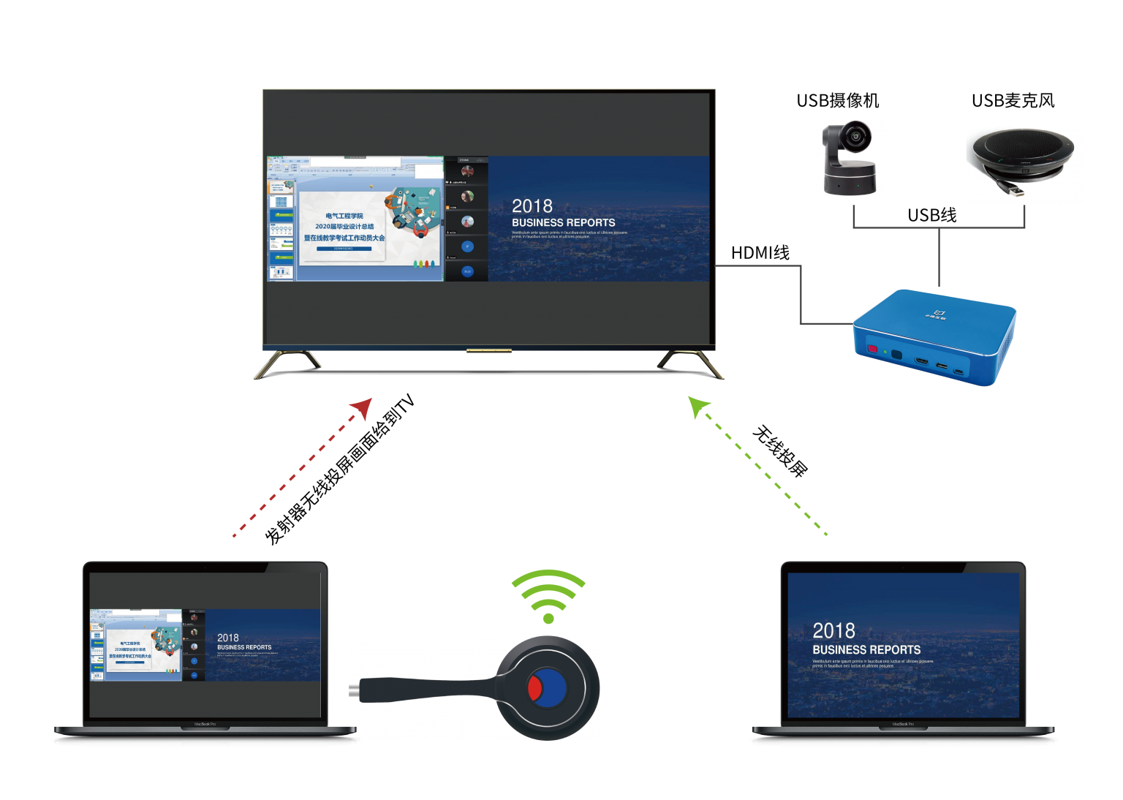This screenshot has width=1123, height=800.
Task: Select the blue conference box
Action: tap(934, 337)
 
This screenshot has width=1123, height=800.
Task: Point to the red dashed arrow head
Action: tap(363, 407)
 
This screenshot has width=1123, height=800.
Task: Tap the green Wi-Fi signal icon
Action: tap(548, 596)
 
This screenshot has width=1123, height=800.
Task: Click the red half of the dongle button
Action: tap(534, 688)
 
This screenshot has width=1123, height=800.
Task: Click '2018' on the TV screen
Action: tap(532, 206)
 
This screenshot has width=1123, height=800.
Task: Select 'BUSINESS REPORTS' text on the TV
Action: tap(563, 222)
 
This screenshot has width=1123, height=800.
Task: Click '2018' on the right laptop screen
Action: tap(833, 630)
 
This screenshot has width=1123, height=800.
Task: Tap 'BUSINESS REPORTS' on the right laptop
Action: tap(866, 649)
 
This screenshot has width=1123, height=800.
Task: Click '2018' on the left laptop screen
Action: tap(227, 638)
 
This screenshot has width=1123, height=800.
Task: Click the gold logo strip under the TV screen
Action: tap(489, 351)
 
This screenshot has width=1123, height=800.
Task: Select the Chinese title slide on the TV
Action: tap(344, 227)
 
